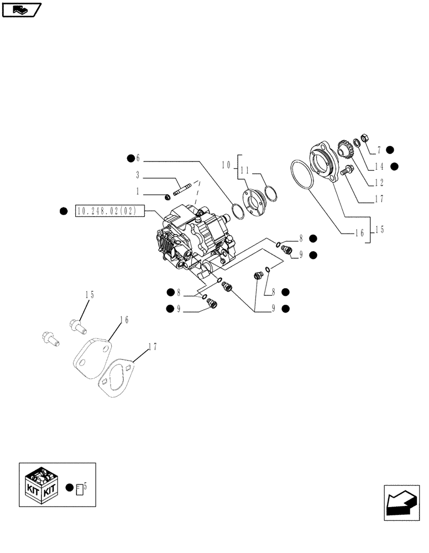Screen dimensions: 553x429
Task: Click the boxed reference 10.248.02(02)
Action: tap(109, 211)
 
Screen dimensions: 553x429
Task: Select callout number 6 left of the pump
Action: tap(139, 158)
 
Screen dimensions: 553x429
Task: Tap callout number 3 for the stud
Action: tap(138, 175)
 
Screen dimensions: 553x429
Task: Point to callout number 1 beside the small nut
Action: tap(138, 192)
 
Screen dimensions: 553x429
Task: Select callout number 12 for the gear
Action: tap(379, 182)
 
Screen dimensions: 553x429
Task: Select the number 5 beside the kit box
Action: tap(86, 486)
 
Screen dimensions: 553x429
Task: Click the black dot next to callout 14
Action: tap(394, 166)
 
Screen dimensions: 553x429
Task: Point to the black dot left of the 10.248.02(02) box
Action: tap(64, 211)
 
